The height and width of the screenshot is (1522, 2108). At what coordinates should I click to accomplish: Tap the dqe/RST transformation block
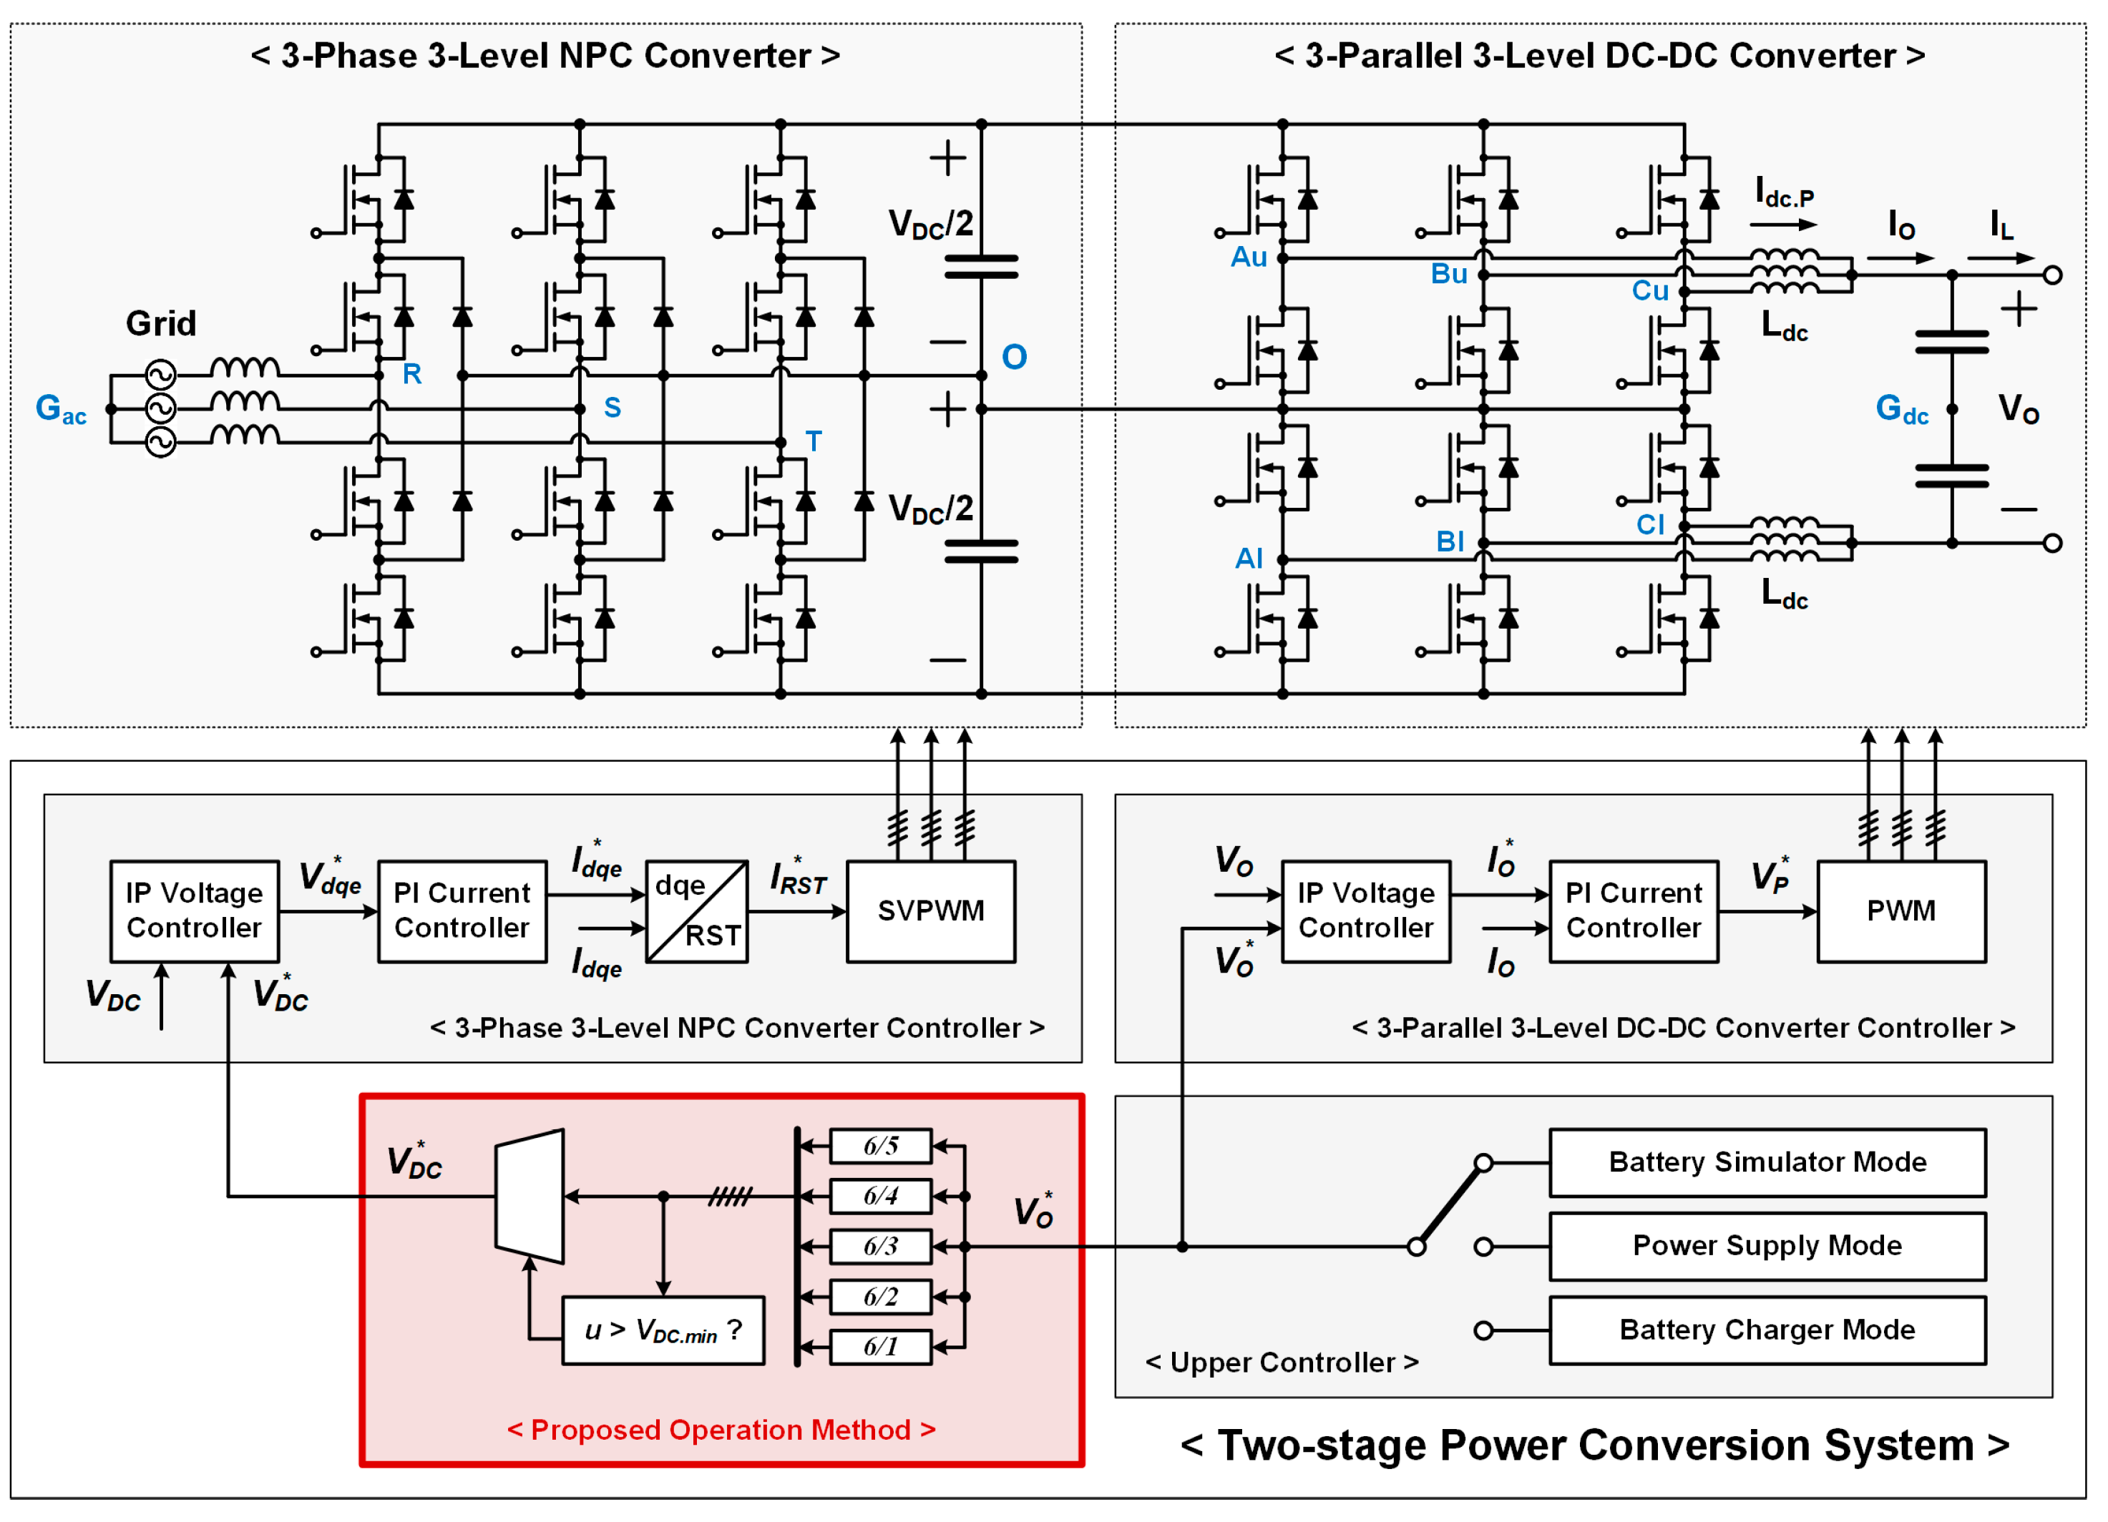pyautogui.click(x=697, y=910)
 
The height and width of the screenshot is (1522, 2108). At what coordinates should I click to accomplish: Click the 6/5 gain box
pyautogui.click(x=880, y=1146)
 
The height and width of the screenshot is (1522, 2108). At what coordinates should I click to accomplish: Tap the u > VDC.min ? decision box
pyautogui.click(x=663, y=1330)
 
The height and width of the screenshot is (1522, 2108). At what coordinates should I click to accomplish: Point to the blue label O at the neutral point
pyautogui.click(x=1014, y=358)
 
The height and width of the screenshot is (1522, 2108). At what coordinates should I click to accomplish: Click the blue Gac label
pyautogui.click(x=60, y=410)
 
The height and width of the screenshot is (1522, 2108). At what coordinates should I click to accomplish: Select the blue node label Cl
pyautogui.click(x=1650, y=525)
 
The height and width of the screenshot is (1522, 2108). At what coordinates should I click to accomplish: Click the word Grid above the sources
pyautogui.click(x=161, y=323)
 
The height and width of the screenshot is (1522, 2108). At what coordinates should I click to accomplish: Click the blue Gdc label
pyautogui.click(x=1900, y=410)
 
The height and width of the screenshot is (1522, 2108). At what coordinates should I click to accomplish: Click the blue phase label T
pyautogui.click(x=814, y=441)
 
